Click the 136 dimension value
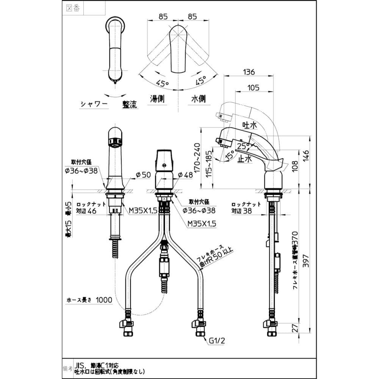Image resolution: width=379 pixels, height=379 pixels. [x=249, y=72]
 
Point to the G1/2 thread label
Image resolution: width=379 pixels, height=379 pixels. [x=217, y=341]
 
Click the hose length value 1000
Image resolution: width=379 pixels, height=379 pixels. [x=104, y=300]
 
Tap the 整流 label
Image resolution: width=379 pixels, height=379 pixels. [x=129, y=104]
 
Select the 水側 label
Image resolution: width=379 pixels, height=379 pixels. [x=198, y=99]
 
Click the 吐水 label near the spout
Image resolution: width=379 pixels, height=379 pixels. [x=249, y=124]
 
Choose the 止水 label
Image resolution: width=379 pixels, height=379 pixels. [x=245, y=159]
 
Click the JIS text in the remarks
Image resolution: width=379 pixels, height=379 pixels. [x=79, y=365]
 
